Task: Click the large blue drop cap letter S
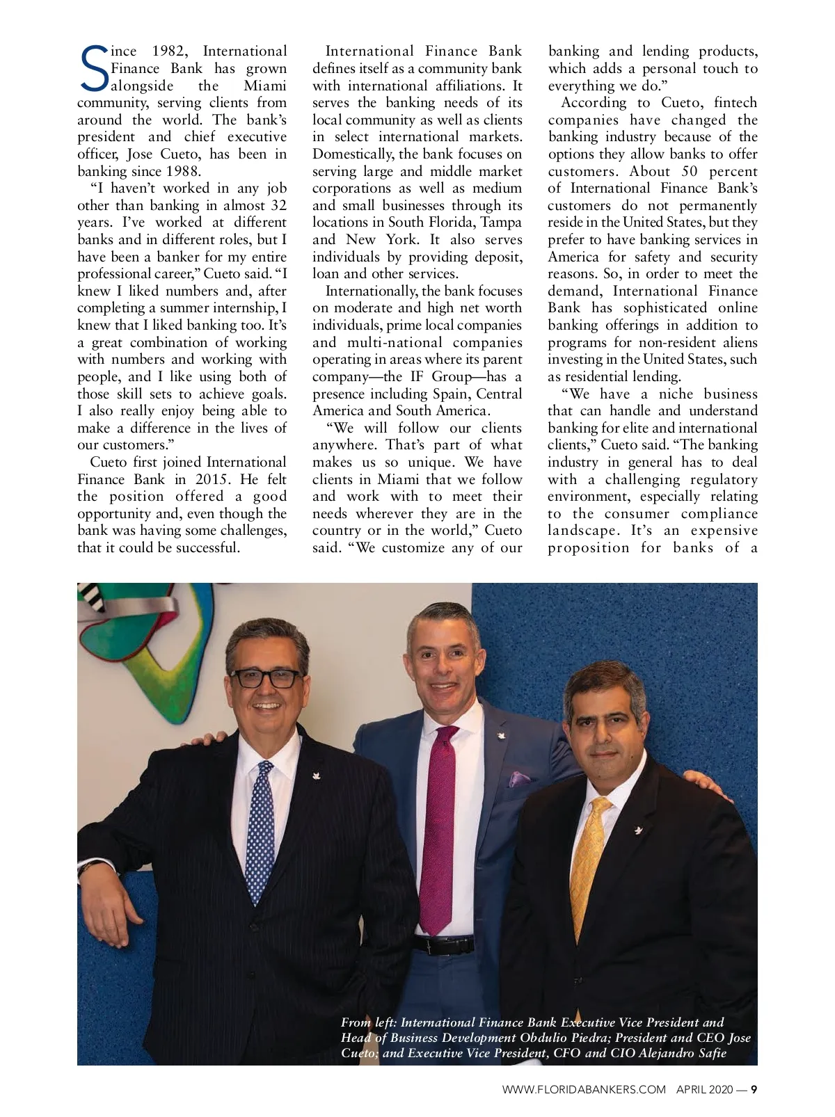click(94, 69)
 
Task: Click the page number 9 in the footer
click(754, 1089)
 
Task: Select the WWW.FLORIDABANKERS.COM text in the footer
click(584, 1089)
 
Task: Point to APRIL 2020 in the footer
click(703, 1089)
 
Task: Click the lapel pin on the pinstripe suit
click(314, 773)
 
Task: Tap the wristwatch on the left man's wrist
click(88, 869)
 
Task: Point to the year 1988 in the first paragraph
click(180, 171)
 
